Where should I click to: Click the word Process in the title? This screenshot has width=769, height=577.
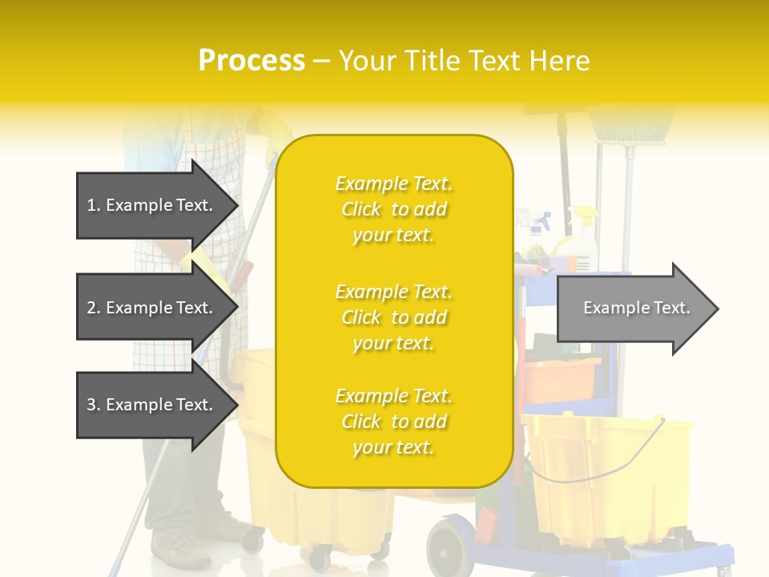click(252, 61)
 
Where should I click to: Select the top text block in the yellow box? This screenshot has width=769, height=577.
click(393, 209)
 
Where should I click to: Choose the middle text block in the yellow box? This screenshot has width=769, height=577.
click(393, 317)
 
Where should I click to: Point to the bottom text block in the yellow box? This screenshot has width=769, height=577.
click(393, 422)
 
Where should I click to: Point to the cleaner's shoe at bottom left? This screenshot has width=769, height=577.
click(181, 550)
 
